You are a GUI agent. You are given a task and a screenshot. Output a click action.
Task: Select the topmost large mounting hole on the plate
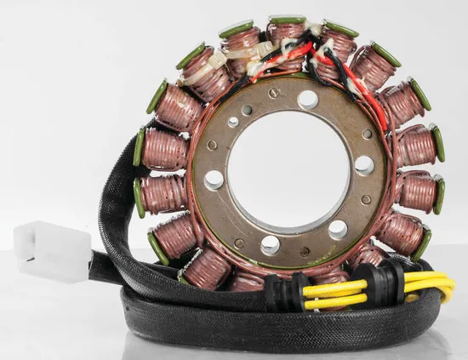(x=308, y=100)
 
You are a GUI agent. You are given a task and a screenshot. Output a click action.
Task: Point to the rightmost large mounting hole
(x=364, y=165)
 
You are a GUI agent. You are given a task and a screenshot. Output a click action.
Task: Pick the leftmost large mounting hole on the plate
(x=214, y=180)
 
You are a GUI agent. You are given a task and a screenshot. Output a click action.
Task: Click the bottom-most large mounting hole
(x=271, y=245)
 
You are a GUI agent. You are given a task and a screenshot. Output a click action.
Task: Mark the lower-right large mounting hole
(x=338, y=229)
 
